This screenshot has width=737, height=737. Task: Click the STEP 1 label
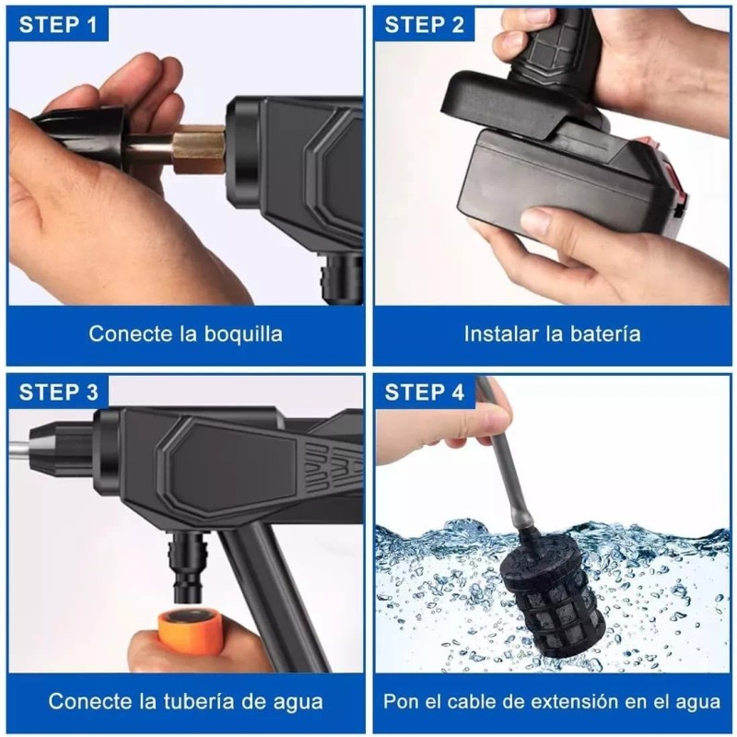58,25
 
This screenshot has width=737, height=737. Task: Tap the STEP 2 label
425,25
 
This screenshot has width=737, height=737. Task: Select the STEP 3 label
58,392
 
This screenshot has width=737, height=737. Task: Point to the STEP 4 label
425,392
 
